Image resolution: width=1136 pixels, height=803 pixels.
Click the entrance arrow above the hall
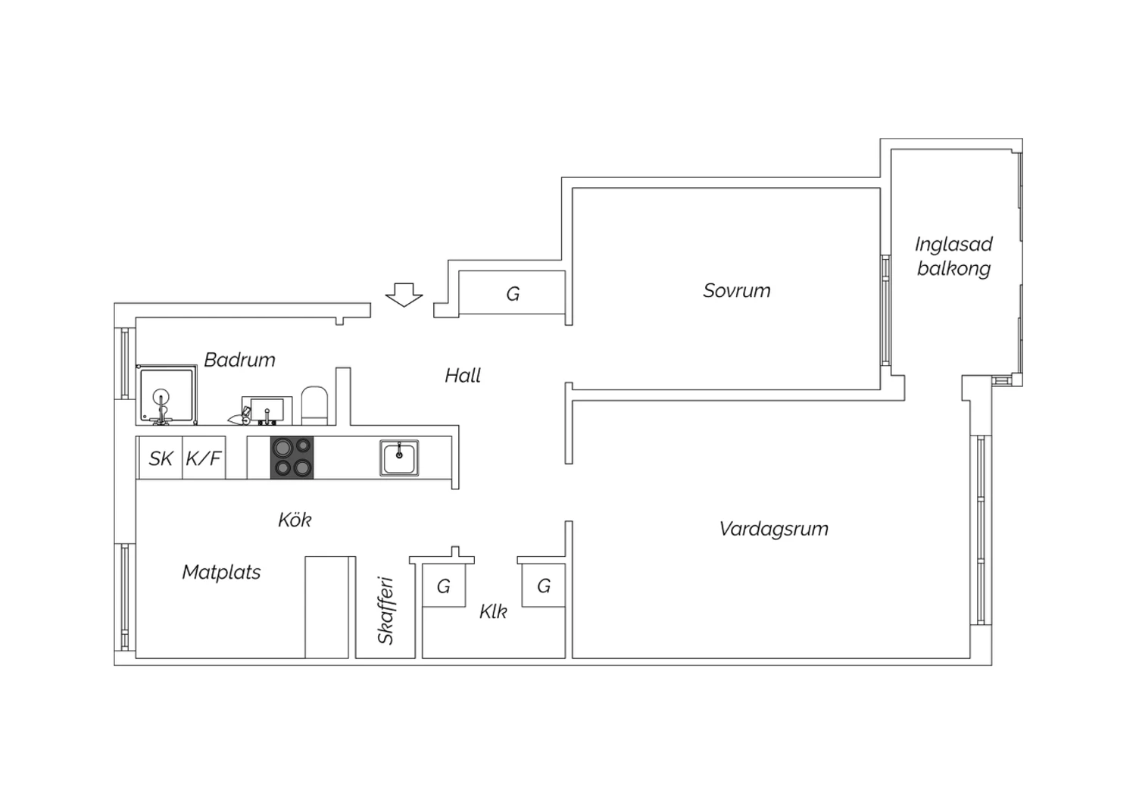(x=404, y=295)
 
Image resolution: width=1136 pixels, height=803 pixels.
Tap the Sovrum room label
(x=736, y=291)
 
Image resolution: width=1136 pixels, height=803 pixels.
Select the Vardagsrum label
(x=773, y=529)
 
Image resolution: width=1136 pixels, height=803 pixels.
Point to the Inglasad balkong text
(x=953, y=256)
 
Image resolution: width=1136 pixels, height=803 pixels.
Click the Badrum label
(x=239, y=360)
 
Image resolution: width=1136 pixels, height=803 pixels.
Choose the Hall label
(x=463, y=376)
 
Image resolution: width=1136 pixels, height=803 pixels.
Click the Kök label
(x=295, y=520)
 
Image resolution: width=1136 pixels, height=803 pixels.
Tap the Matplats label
(x=221, y=572)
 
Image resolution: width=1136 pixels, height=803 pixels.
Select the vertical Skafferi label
(x=386, y=611)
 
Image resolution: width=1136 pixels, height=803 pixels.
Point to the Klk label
(x=493, y=612)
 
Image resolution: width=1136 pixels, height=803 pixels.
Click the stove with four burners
(x=292, y=458)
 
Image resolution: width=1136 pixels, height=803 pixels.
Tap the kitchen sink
(x=399, y=458)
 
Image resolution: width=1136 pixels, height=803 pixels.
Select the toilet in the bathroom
(x=315, y=406)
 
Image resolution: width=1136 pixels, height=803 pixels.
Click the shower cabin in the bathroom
(x=167, y=395)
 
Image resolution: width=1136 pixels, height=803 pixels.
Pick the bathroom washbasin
(x=267, y=411)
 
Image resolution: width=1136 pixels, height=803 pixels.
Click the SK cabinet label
(x=161, y=459)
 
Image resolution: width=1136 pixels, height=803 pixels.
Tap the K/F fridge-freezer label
(x=204, y=459)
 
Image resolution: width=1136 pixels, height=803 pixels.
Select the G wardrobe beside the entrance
(x=512, y=292)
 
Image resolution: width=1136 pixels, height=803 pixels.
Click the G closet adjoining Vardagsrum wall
(x=543, y=586)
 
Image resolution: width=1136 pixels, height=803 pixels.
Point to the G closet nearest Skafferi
(x=444, y=586)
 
